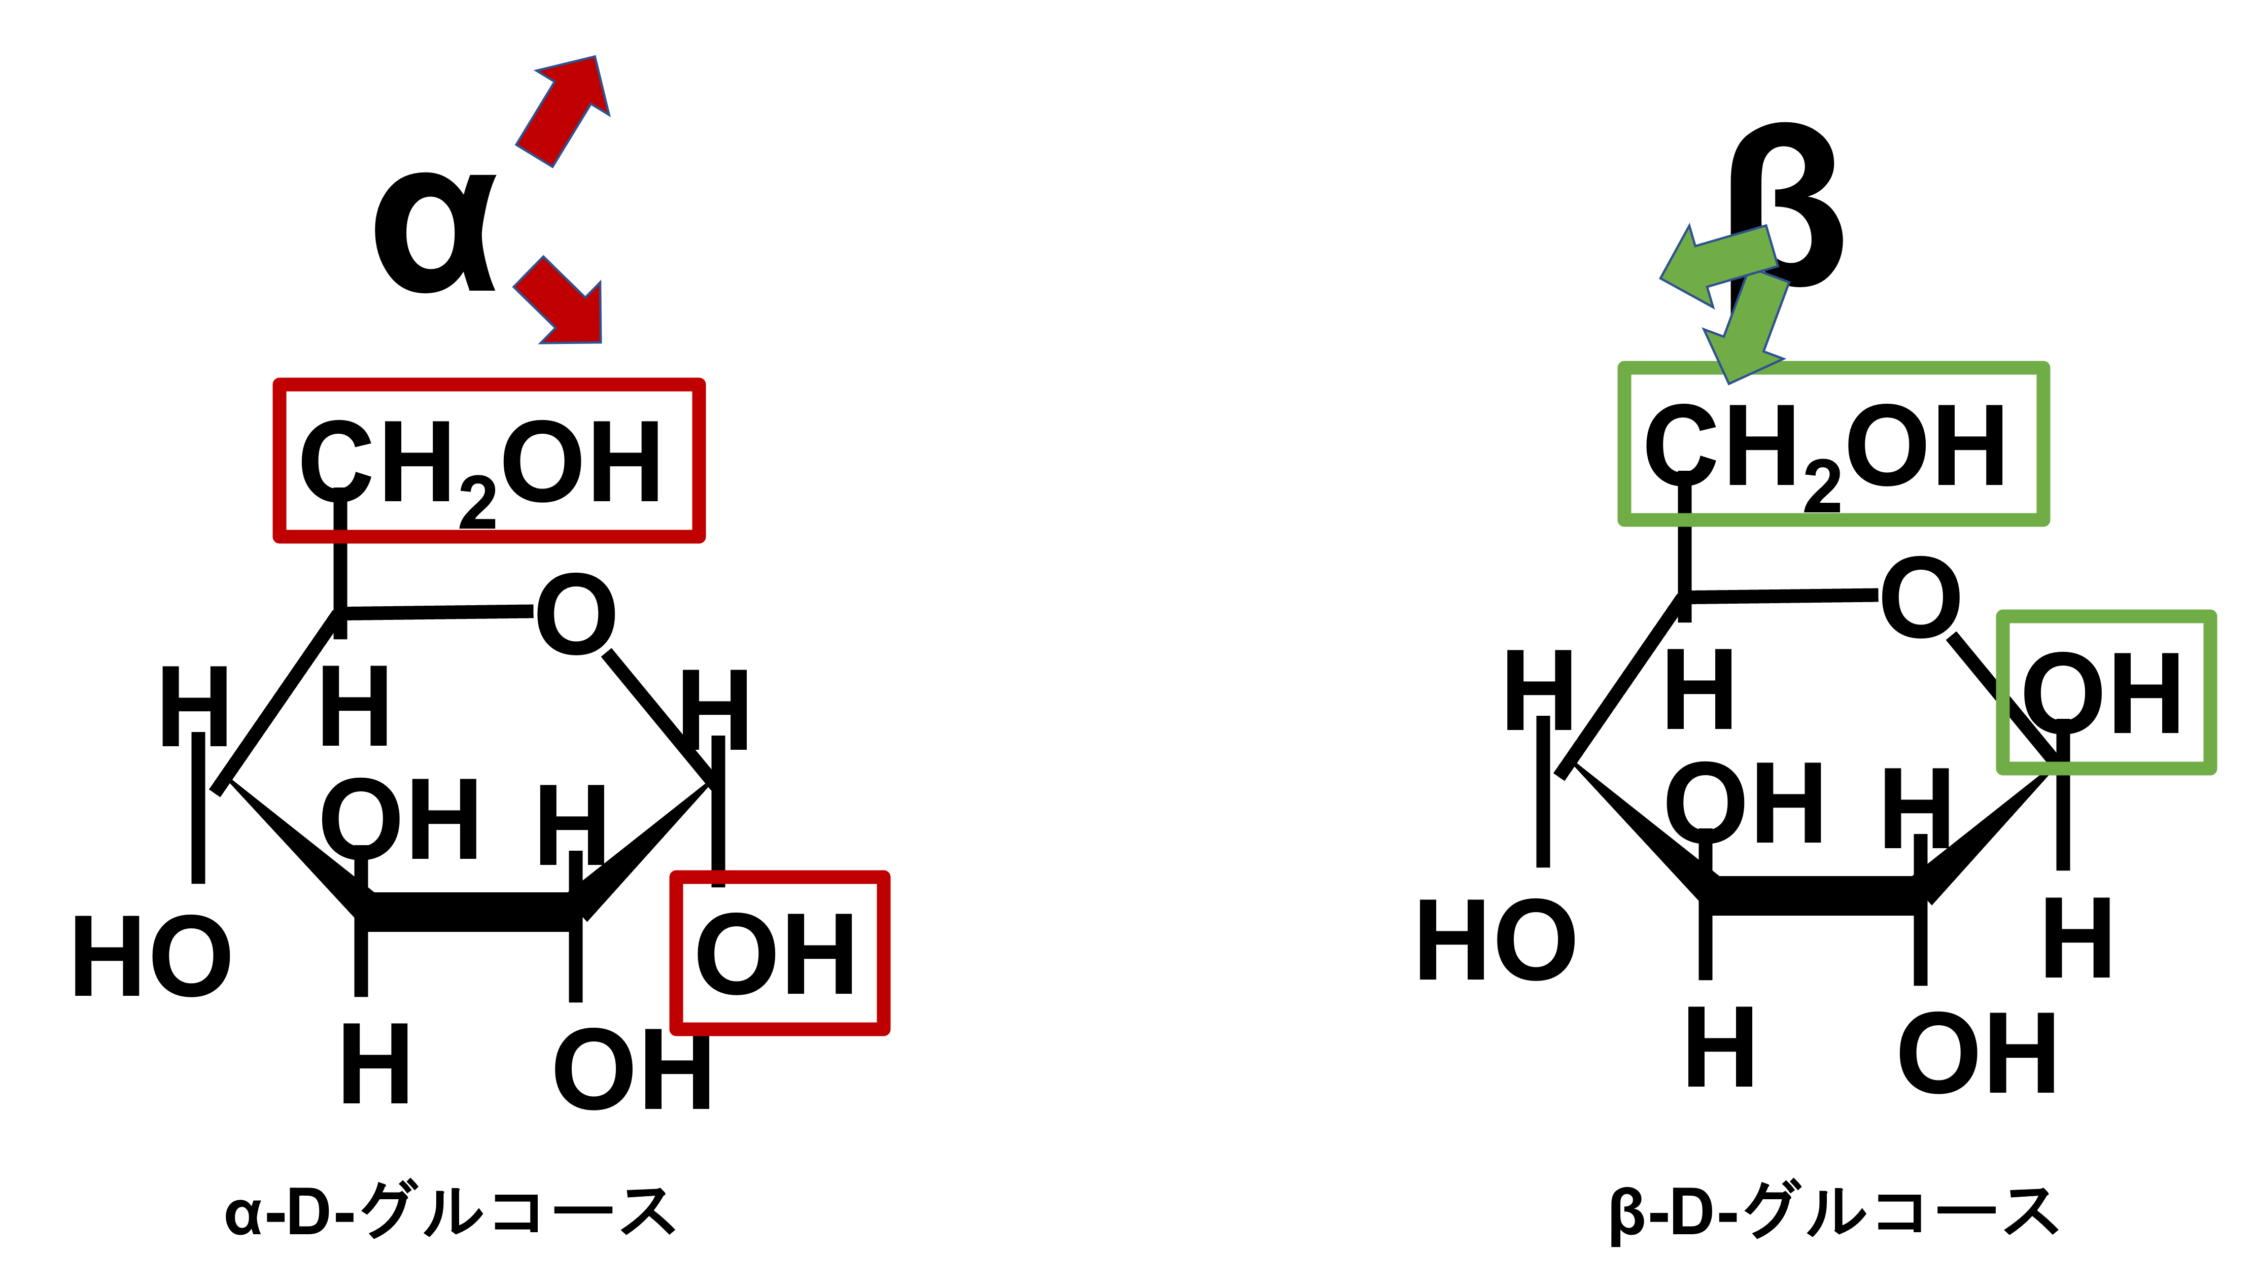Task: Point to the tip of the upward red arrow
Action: click(596, 57)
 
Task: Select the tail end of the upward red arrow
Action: click(534, 156)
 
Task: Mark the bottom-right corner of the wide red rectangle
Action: click(699, 536)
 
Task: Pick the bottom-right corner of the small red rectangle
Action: click(884, 1029)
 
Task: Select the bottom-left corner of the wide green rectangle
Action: click(1624, 519)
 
